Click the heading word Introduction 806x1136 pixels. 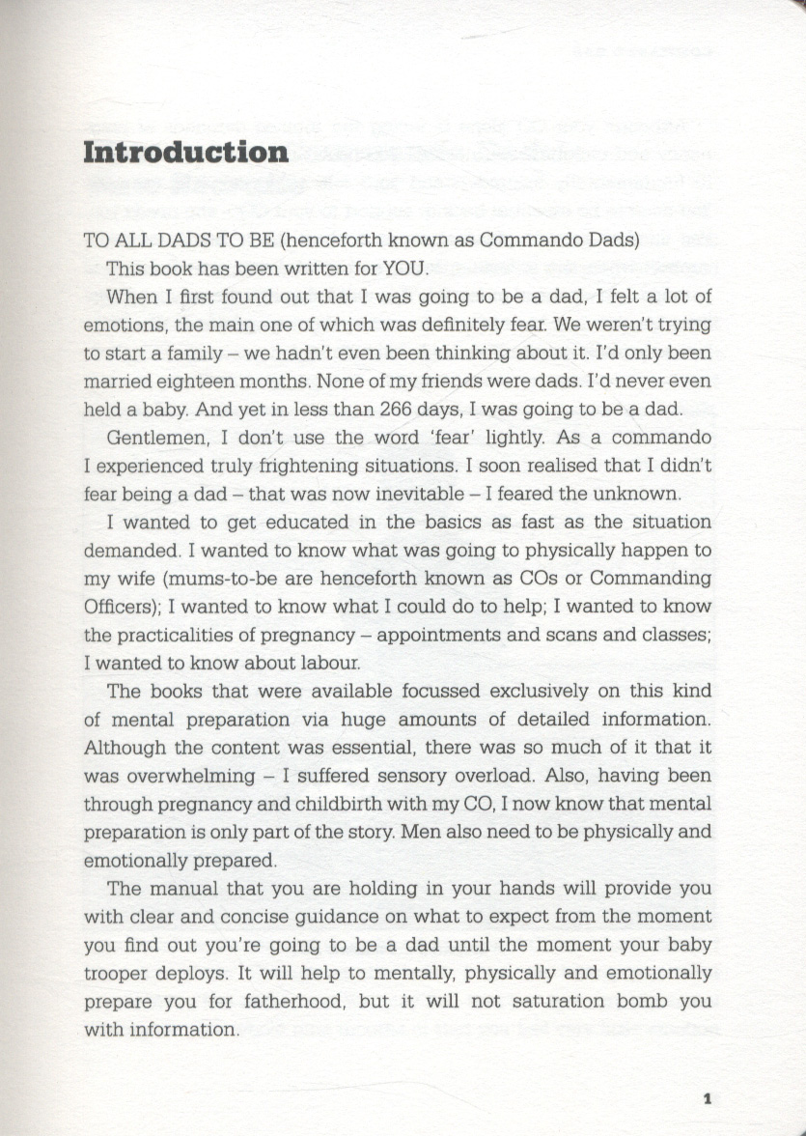tap(185, 153)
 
